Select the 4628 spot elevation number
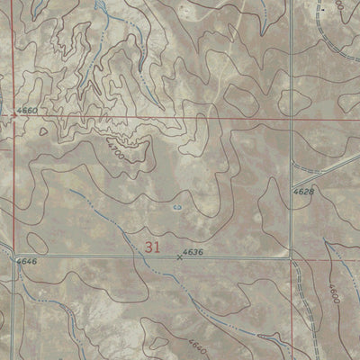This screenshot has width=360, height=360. (x=303, y=192)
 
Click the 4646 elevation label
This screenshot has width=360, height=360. (x=26, y=260)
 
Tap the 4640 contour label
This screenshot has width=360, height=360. (x=196, y=344)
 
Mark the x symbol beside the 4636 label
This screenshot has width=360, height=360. (x=178, y=259)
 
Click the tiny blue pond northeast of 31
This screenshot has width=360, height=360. (x=176, y=206)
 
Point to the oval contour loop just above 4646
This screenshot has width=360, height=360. (x=36, y=243)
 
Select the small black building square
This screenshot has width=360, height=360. (x=261, y=336)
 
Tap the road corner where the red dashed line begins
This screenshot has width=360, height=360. (x=293, y=260)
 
